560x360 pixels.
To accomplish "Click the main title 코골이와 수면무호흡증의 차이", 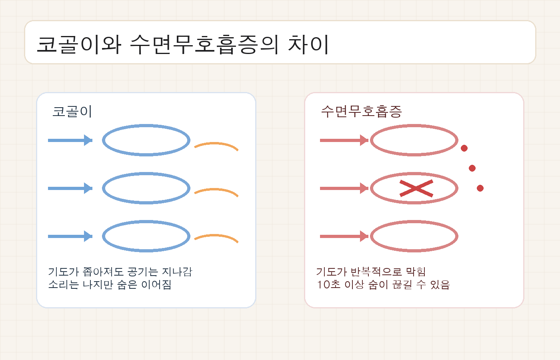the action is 183,44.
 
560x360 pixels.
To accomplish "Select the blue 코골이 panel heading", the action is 72,111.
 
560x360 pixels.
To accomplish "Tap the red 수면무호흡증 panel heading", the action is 361,111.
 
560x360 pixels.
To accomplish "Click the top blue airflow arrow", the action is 70,140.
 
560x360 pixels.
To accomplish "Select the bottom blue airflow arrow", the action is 70,236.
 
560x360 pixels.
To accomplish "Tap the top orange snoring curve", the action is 216,144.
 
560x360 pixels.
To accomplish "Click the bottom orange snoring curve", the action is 216,236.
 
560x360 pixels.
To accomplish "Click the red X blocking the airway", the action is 416,188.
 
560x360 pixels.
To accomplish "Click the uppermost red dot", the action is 464,148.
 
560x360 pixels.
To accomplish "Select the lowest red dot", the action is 480,188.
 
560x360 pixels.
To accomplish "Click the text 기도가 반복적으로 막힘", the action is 371,272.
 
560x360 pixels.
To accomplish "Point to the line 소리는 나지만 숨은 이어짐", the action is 110,284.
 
